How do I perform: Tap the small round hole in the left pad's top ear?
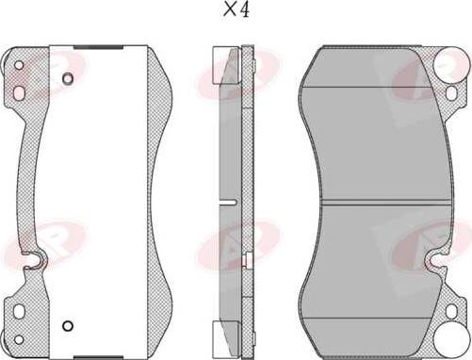pyautogui.click(x=18, y=65)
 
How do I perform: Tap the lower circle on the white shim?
pyautogui.click(x=67, y=326)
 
